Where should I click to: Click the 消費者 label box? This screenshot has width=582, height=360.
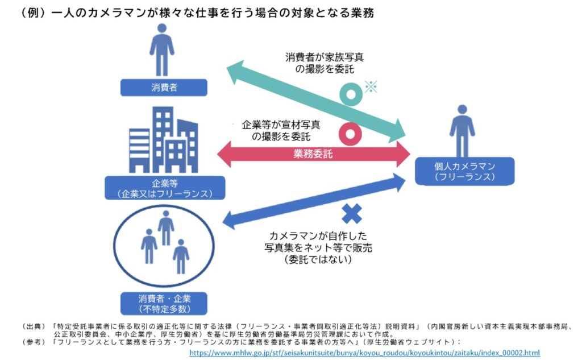pyautogui.click(x=164, y=88)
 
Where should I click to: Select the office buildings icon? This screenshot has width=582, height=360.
pyautogui.click(x=163, y=140)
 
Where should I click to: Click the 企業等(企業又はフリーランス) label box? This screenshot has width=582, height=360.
pyautogui.click(x=164, y=188)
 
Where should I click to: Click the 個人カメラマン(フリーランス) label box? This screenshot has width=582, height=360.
pyautogui.click(x=464, y=171)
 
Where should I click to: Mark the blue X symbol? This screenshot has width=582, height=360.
pyautogui.click(x=352, y=213)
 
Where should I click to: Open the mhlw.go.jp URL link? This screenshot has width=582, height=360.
pyautogui.click(x=364, y=352)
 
